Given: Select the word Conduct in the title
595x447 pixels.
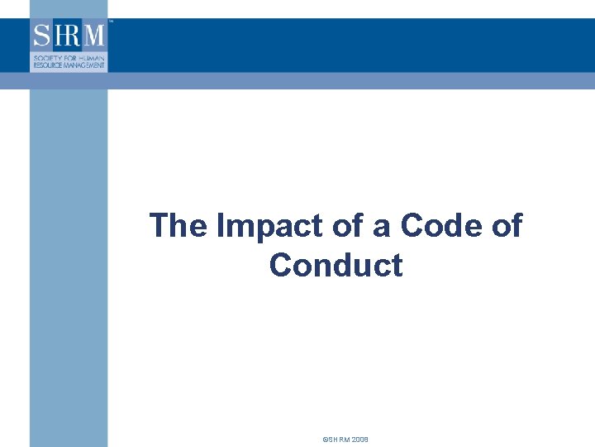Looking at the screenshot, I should tap(336, 266).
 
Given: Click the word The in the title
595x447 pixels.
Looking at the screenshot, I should tap(176, 225).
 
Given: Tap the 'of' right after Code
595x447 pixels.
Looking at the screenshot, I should tap(505, 225).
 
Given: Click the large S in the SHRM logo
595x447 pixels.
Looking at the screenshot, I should tap(41, 36).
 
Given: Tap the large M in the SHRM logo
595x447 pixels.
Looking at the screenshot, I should tap(93, 36).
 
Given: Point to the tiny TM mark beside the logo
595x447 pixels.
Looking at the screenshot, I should tap(110, 23).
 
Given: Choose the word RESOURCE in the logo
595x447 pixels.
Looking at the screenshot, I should tap(48, 63).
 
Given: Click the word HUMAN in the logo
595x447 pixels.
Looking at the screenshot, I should tap(93, 55).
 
